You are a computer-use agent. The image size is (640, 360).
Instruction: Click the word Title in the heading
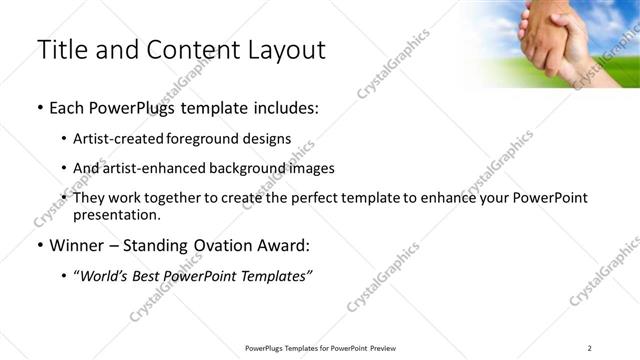point(62,49)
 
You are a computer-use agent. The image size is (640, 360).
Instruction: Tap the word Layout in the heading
point(285,49)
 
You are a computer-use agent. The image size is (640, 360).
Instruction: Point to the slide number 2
point(589,348)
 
